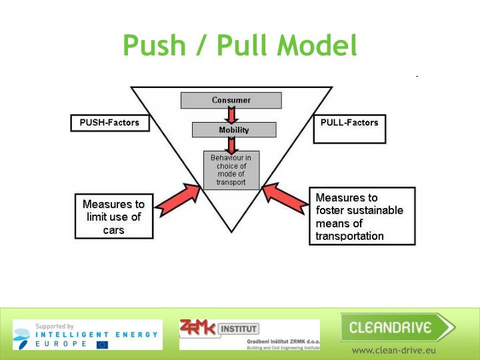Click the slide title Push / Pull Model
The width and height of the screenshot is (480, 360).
pyautogui.click(x=240, y=45)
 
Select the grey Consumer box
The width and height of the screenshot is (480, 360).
pyautogui.click(x=231, y=101)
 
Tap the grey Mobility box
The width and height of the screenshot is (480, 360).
pyautogui.click(x=233, y=130)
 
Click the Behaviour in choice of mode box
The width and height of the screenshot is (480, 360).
pyautogui.click(x=231, y=170)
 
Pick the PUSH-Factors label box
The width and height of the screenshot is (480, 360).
pyautogui.click(x=109, y=123)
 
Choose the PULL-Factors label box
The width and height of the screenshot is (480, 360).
pyautogui.click(x=349, y=123)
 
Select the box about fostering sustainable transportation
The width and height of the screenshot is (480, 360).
pyautogui.click(x=362, y=217)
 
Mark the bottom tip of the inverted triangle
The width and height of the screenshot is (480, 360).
pyautogui.click(x=231, y=231)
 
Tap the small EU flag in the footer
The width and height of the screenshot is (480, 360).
pyautogui.click(x=102, y=345)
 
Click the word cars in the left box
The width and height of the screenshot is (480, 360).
pyautogui.click(x=113, y=230)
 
